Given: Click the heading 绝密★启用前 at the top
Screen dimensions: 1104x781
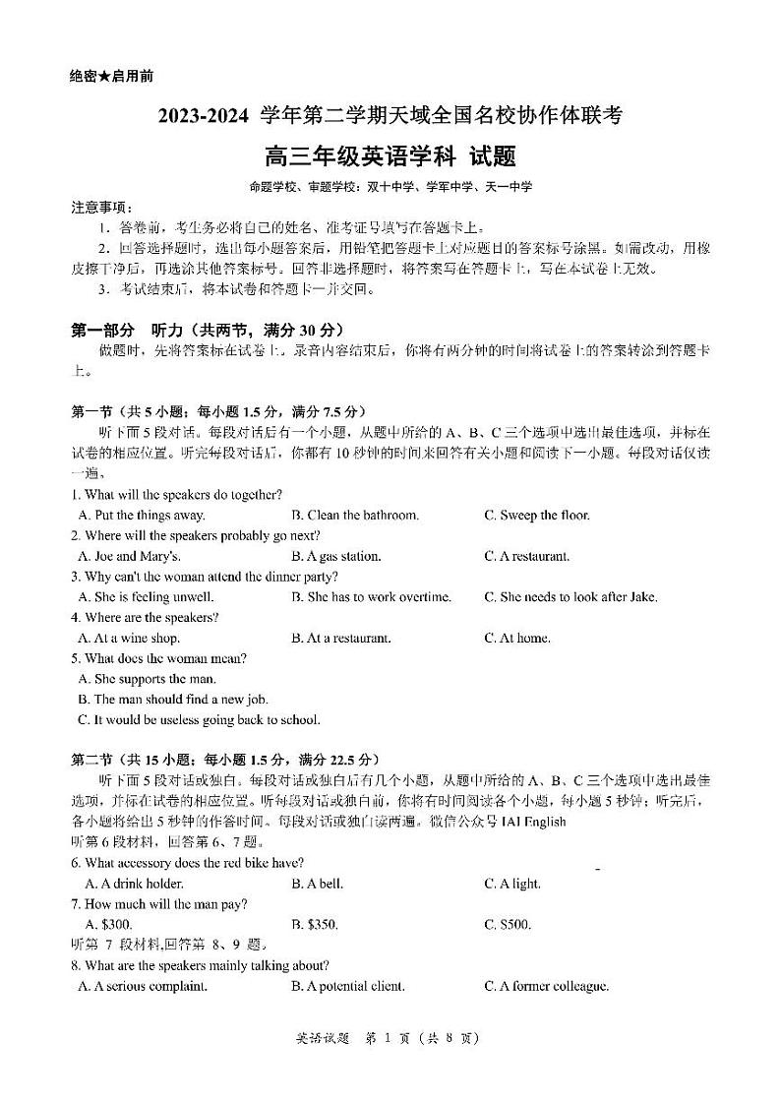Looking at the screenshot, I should coord(112,76).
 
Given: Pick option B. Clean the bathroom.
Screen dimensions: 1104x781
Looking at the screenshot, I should coord(355,515).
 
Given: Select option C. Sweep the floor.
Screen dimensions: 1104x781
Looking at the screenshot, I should coord(537,515).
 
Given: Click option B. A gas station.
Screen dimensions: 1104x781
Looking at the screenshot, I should coord(335,556).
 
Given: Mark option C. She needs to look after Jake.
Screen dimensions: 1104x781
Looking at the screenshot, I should coord(571,597).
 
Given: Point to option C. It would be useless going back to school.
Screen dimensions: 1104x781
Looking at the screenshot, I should coord(199,720).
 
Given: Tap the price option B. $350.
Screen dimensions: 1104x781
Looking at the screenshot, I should coord(315,925).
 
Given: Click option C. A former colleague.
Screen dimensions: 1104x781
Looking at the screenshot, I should coord(546,986).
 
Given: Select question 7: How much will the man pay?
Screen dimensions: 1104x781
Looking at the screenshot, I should coord(158,904).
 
